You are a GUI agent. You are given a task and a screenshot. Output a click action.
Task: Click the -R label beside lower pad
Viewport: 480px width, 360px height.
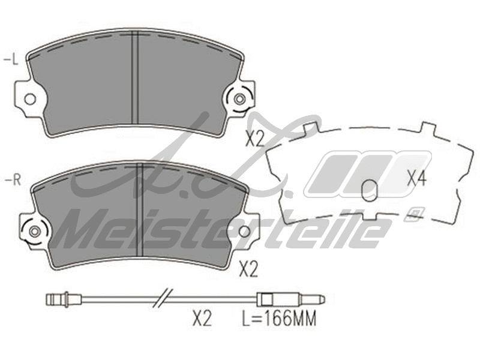11,180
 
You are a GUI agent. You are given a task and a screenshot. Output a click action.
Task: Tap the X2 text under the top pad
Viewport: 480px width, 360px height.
255,139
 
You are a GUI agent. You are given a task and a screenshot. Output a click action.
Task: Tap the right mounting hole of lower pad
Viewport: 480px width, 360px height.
245,231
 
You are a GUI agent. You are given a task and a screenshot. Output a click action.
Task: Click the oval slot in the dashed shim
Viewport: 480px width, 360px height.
371,191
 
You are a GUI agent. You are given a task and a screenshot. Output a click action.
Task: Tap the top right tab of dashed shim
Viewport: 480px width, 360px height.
427,128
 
